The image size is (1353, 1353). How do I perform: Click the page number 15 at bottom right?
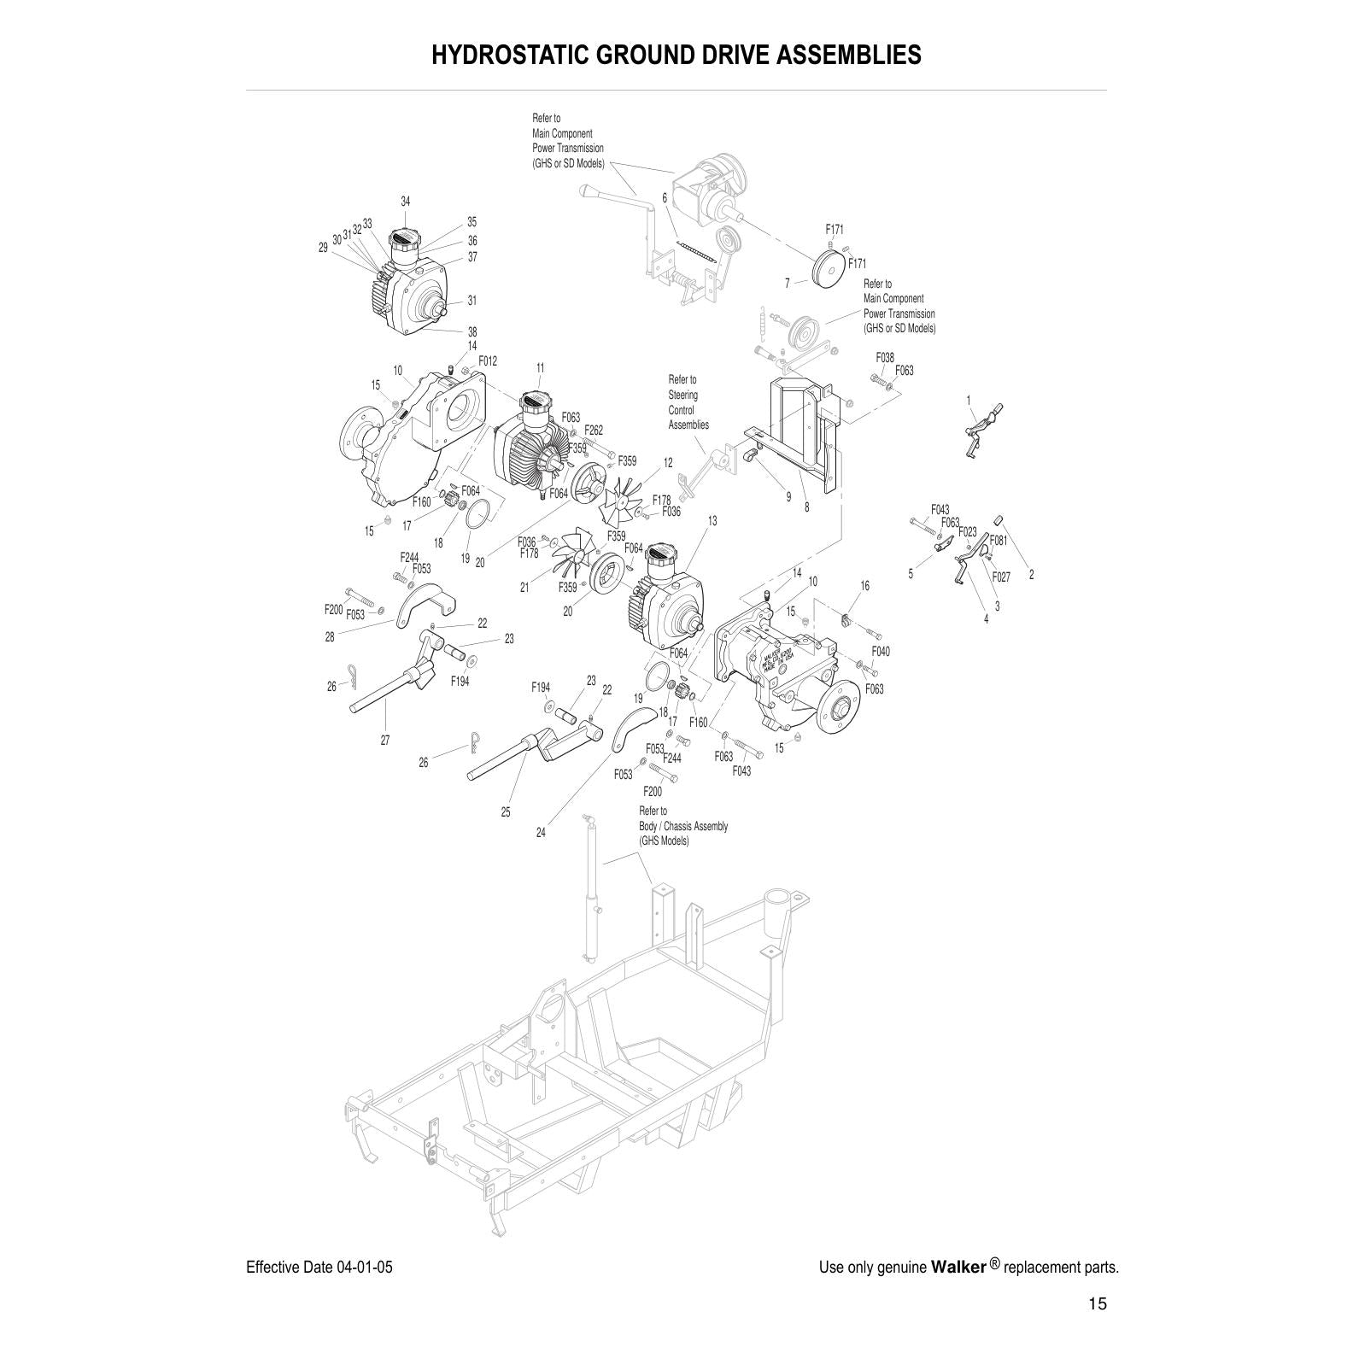(x=1098, y=1303)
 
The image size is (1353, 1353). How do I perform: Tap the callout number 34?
(x=406, y=202)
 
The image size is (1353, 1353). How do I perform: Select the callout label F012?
(x=487, y=361)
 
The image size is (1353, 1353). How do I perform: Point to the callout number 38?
(x=472, y=331)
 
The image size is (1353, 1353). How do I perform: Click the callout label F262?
(x=594, y=430)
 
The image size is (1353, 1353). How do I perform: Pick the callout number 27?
(x=385, y=740)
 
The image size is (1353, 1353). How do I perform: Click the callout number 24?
(x=541, y=832)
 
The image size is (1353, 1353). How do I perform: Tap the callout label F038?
(x=885, y=358)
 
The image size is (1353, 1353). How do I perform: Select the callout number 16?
(x=864, y=586)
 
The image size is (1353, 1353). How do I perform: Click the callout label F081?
(x=999, y=541)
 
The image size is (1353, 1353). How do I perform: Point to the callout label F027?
(x=1001, y=577)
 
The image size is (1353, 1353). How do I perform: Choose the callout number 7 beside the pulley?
(x=788, y=283)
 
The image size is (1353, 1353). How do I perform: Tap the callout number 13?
(x=712, y=520)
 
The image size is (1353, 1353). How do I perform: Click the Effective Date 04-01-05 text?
(x=319, y=1267)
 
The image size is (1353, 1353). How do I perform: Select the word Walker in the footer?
(x=958, y=1267)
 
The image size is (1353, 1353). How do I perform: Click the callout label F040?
(x=881, y=651)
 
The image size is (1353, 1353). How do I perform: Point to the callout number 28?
(x=330, y=637)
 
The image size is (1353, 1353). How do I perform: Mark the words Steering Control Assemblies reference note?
(x=688, y=402)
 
